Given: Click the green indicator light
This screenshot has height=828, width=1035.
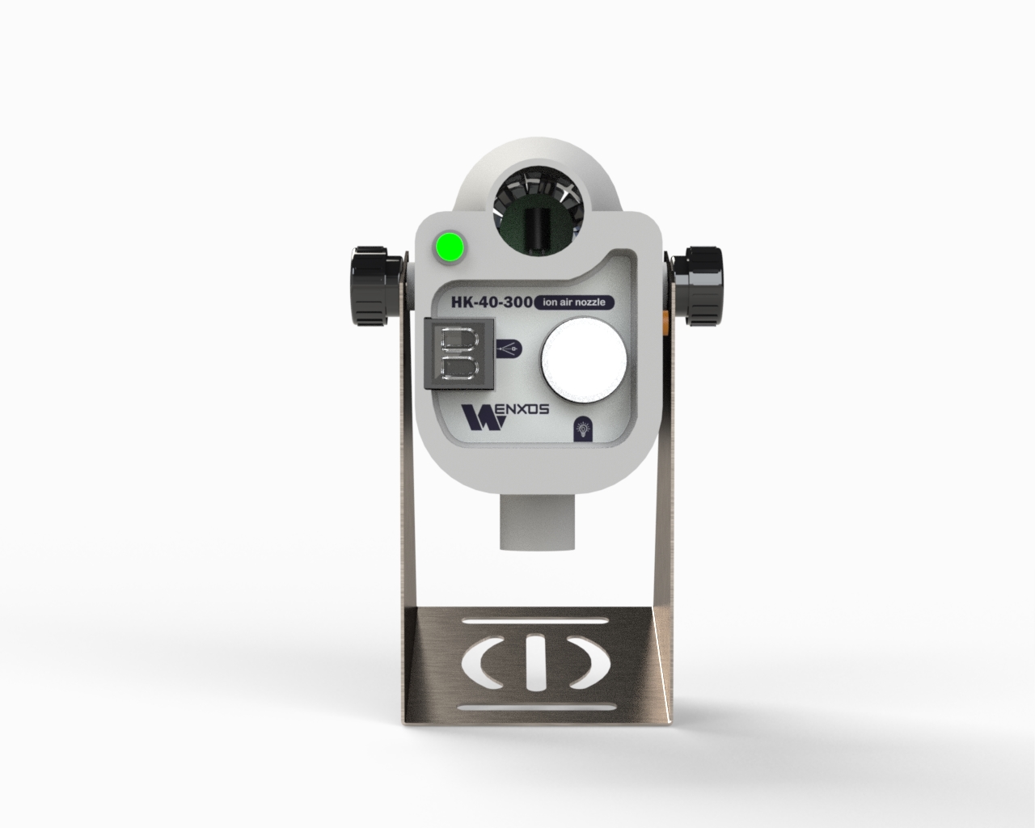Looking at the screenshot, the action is (450, 247).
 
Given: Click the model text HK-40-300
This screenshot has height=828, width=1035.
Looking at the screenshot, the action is (492, 302).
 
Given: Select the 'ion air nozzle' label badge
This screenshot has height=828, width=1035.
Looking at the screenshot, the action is (574, 302).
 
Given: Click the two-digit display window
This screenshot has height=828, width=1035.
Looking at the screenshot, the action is (459, 353).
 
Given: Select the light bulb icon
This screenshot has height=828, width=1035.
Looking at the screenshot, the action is (583, 429).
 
